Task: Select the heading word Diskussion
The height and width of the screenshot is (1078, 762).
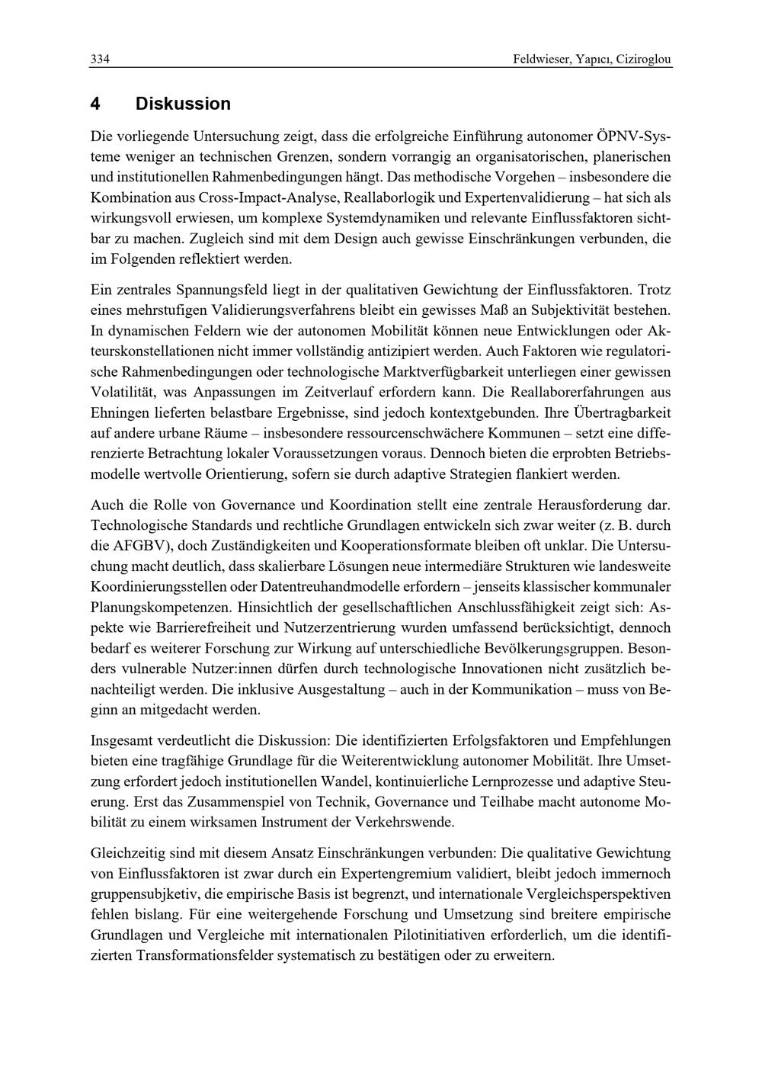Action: pos(183,104)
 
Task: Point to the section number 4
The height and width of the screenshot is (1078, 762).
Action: pos(95,104)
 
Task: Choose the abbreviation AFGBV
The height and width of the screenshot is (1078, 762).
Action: pos(134,546)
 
